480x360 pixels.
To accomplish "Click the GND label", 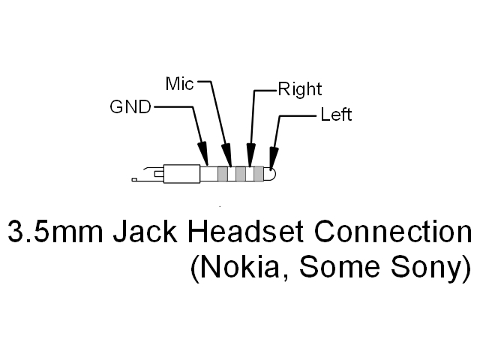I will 130,107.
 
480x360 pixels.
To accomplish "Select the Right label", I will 299,90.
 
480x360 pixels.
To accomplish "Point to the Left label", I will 335,115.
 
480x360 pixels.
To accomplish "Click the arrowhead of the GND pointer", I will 203,153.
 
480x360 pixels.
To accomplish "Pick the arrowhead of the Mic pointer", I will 228,155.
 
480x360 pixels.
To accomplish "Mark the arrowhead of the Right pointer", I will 250,156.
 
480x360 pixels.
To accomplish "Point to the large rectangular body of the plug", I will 181,174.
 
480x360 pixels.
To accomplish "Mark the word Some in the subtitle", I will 333,268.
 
